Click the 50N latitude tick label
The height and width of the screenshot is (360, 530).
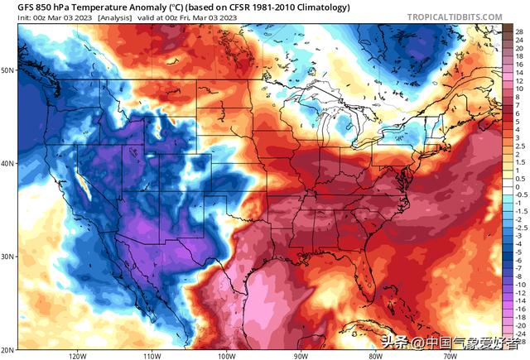[x=7, y=70]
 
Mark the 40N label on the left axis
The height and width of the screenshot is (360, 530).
[x=7, y=163]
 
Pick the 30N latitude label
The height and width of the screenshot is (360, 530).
[x=7, y=256]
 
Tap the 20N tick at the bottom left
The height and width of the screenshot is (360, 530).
[x=7, y=348]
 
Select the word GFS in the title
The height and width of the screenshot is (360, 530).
[x=14, y=6]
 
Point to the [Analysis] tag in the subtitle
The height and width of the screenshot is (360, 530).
[x=119, y=17]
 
